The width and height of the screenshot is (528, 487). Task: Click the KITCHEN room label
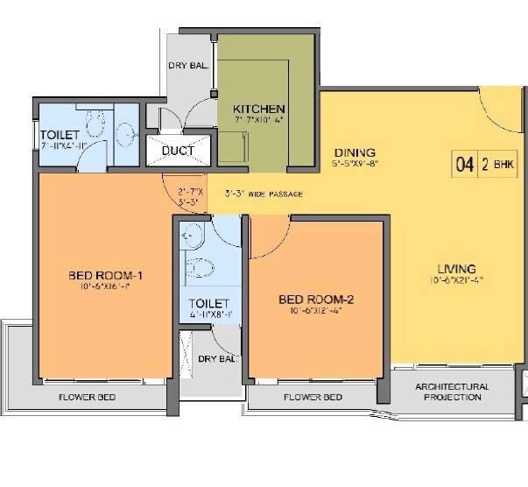coord(258,109)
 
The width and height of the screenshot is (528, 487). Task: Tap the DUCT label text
coord(179,151)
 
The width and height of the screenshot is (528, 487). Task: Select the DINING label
coord(354,151)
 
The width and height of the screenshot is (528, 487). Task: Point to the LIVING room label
coord(457,269)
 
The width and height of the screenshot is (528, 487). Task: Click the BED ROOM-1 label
coord(106,276)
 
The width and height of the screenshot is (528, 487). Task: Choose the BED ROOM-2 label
coord(316,300)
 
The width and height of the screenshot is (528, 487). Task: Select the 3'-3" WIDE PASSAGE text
coord(264,194)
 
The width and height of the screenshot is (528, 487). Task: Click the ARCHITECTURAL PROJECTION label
coord(452,392)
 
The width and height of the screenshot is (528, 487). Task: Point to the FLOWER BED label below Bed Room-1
coord(88,397)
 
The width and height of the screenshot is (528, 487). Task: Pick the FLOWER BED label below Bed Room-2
coord(313,397)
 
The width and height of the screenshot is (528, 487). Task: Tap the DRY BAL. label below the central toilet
coord(216,358)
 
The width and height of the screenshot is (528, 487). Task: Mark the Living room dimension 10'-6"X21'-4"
coord(457,281)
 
